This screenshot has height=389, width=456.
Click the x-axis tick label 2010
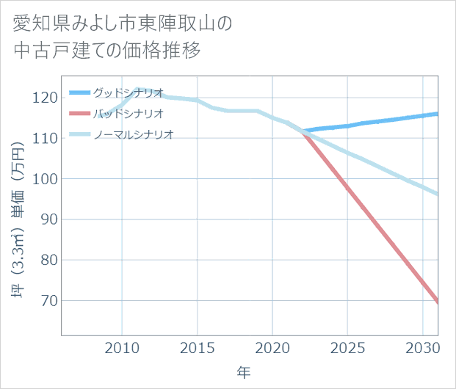tap(122, 346)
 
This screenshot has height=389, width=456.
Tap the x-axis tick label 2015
tap(197, 346)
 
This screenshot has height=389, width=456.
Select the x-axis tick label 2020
tap(272, 346)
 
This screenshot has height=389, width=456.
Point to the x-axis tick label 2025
tap(347, 346)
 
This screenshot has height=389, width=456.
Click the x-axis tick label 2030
tap(422, 346)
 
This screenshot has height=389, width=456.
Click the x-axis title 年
tap(244, 373)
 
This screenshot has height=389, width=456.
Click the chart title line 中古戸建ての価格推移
tap(107, 51)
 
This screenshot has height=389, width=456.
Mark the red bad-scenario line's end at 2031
tap(438, 302)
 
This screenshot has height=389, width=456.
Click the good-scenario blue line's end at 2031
tap(438, 114)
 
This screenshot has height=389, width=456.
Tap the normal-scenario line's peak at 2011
tap(137, 89)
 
